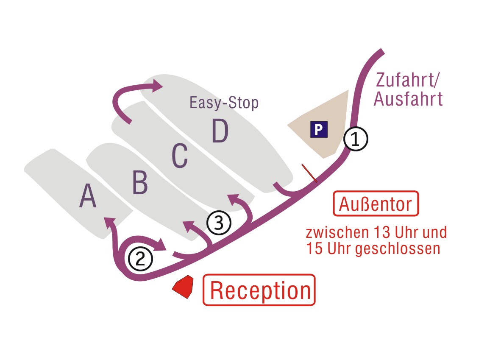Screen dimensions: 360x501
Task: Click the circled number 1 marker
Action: point(356,139)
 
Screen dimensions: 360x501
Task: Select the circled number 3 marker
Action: point(219,223)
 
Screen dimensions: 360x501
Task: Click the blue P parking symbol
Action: point(319,129)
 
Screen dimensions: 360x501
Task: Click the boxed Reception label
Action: point(259,290)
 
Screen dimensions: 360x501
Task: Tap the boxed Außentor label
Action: point(376,204)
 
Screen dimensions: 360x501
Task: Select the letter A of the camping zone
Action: point(88,197)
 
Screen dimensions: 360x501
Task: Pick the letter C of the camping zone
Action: point(180,156)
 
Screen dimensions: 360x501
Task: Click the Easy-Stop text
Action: point(224,103)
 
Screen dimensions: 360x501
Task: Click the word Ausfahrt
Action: point(408,99)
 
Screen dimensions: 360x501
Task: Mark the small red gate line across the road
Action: point(309,173)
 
